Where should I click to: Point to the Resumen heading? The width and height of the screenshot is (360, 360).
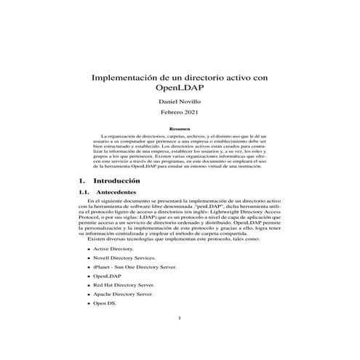tap(180, 129)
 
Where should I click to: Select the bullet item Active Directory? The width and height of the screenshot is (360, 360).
tap(113, 249)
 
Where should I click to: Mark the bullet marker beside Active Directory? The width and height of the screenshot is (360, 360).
tap(88, 249)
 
